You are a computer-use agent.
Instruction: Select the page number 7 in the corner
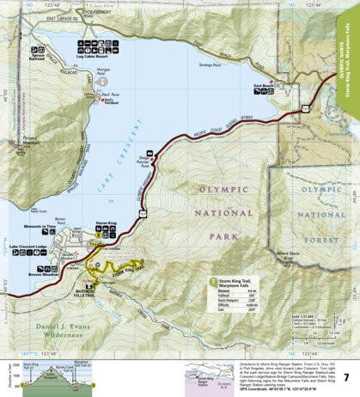(345, 377)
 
